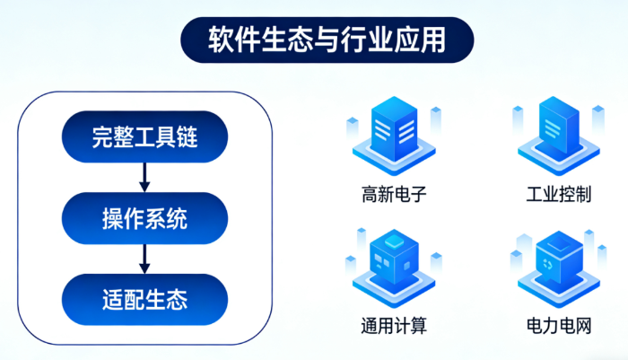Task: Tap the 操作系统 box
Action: pyautogui.click(x=144, y=218)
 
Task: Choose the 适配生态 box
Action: pyautogui.click(x=144, y=299)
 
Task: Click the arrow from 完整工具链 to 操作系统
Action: pyautogui.click(x=144, y=178)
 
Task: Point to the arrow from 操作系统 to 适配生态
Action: pyautogui.click(x=144, y=259)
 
